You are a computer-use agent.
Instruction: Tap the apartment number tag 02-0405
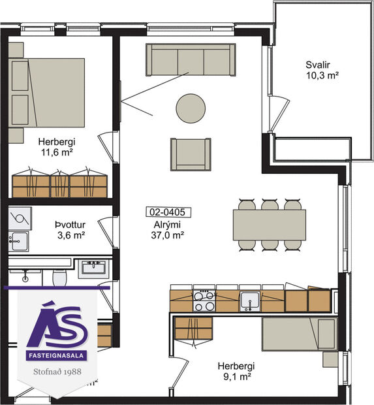164,212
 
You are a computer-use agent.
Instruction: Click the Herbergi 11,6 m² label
55,146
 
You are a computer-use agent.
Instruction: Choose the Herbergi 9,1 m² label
236,371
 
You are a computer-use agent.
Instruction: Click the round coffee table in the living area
191,108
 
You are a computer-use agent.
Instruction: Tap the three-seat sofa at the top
191,61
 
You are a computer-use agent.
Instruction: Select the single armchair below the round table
191,154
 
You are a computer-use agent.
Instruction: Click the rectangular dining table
270,224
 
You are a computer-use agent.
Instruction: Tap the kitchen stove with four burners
204,300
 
